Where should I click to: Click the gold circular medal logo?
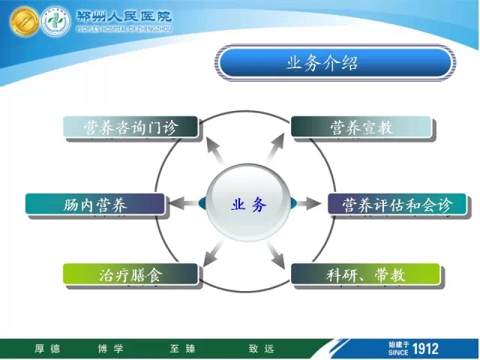pyautogui.click(x=24, y=22)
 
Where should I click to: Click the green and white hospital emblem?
pyautogui.click(x=56, y=22)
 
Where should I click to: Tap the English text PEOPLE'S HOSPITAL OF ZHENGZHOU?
pyautogui.click(x=124, y=29)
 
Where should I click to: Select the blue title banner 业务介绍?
pyautogui.click(x=335, y=63)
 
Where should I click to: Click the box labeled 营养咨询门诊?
pyautogui.click(x=130, y=127)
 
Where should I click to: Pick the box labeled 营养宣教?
pyautogui.click(x=361, y=127)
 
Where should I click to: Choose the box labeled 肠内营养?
pyautogui.click(x=95, y=204)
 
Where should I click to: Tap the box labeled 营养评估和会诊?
pyautogui.click(x=397, y=204)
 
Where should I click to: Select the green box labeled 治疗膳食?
pyautogui.click(x=130, y=274)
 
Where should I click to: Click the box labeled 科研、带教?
pyautogui.click(x=365, y=274)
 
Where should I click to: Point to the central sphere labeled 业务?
pyautogui.click(x=248, y=203)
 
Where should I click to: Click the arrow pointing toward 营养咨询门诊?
pyautogui.click(x=215, y=151)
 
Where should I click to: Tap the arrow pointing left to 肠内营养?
pyautogui.click(x=184, y=203)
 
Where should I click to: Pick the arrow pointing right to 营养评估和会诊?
pyautogui.click(x=308, y=203)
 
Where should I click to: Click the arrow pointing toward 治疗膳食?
pyautogui.click(x=213, y=253)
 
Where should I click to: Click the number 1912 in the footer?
pyautogui.click(x=425, y=349)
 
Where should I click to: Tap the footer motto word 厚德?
pyautogui.click(x=47, y=349)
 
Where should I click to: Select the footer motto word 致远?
pyautogui.click(x=261, y=349)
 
